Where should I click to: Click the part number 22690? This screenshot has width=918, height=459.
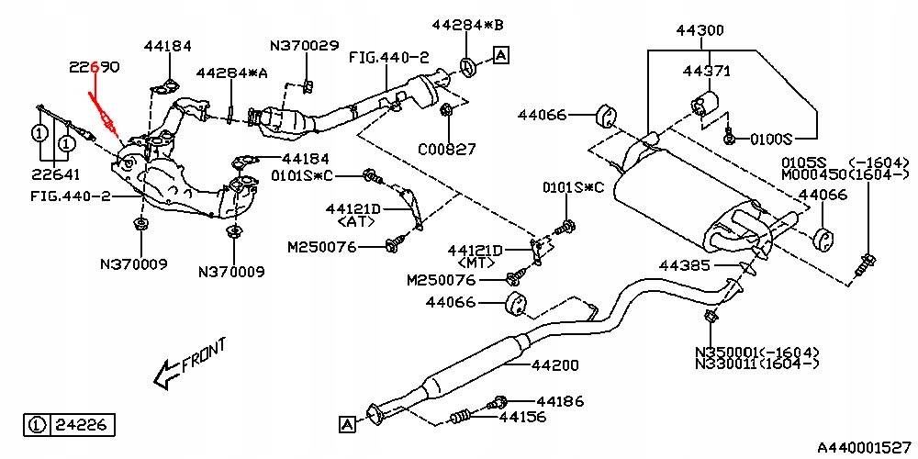pos(94,67)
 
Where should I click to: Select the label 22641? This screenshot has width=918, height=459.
pos(57,174)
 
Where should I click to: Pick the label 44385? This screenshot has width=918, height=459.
pos(686,266)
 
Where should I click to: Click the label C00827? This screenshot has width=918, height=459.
pos(447,148)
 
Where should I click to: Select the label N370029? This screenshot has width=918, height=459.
pos(304,45)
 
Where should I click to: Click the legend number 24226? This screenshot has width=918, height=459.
pos(82,425)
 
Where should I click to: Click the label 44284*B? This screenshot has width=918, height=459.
pos(464,24)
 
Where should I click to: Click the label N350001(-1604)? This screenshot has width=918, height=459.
pos(757,352)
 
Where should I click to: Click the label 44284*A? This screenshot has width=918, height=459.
pos(232,73)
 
